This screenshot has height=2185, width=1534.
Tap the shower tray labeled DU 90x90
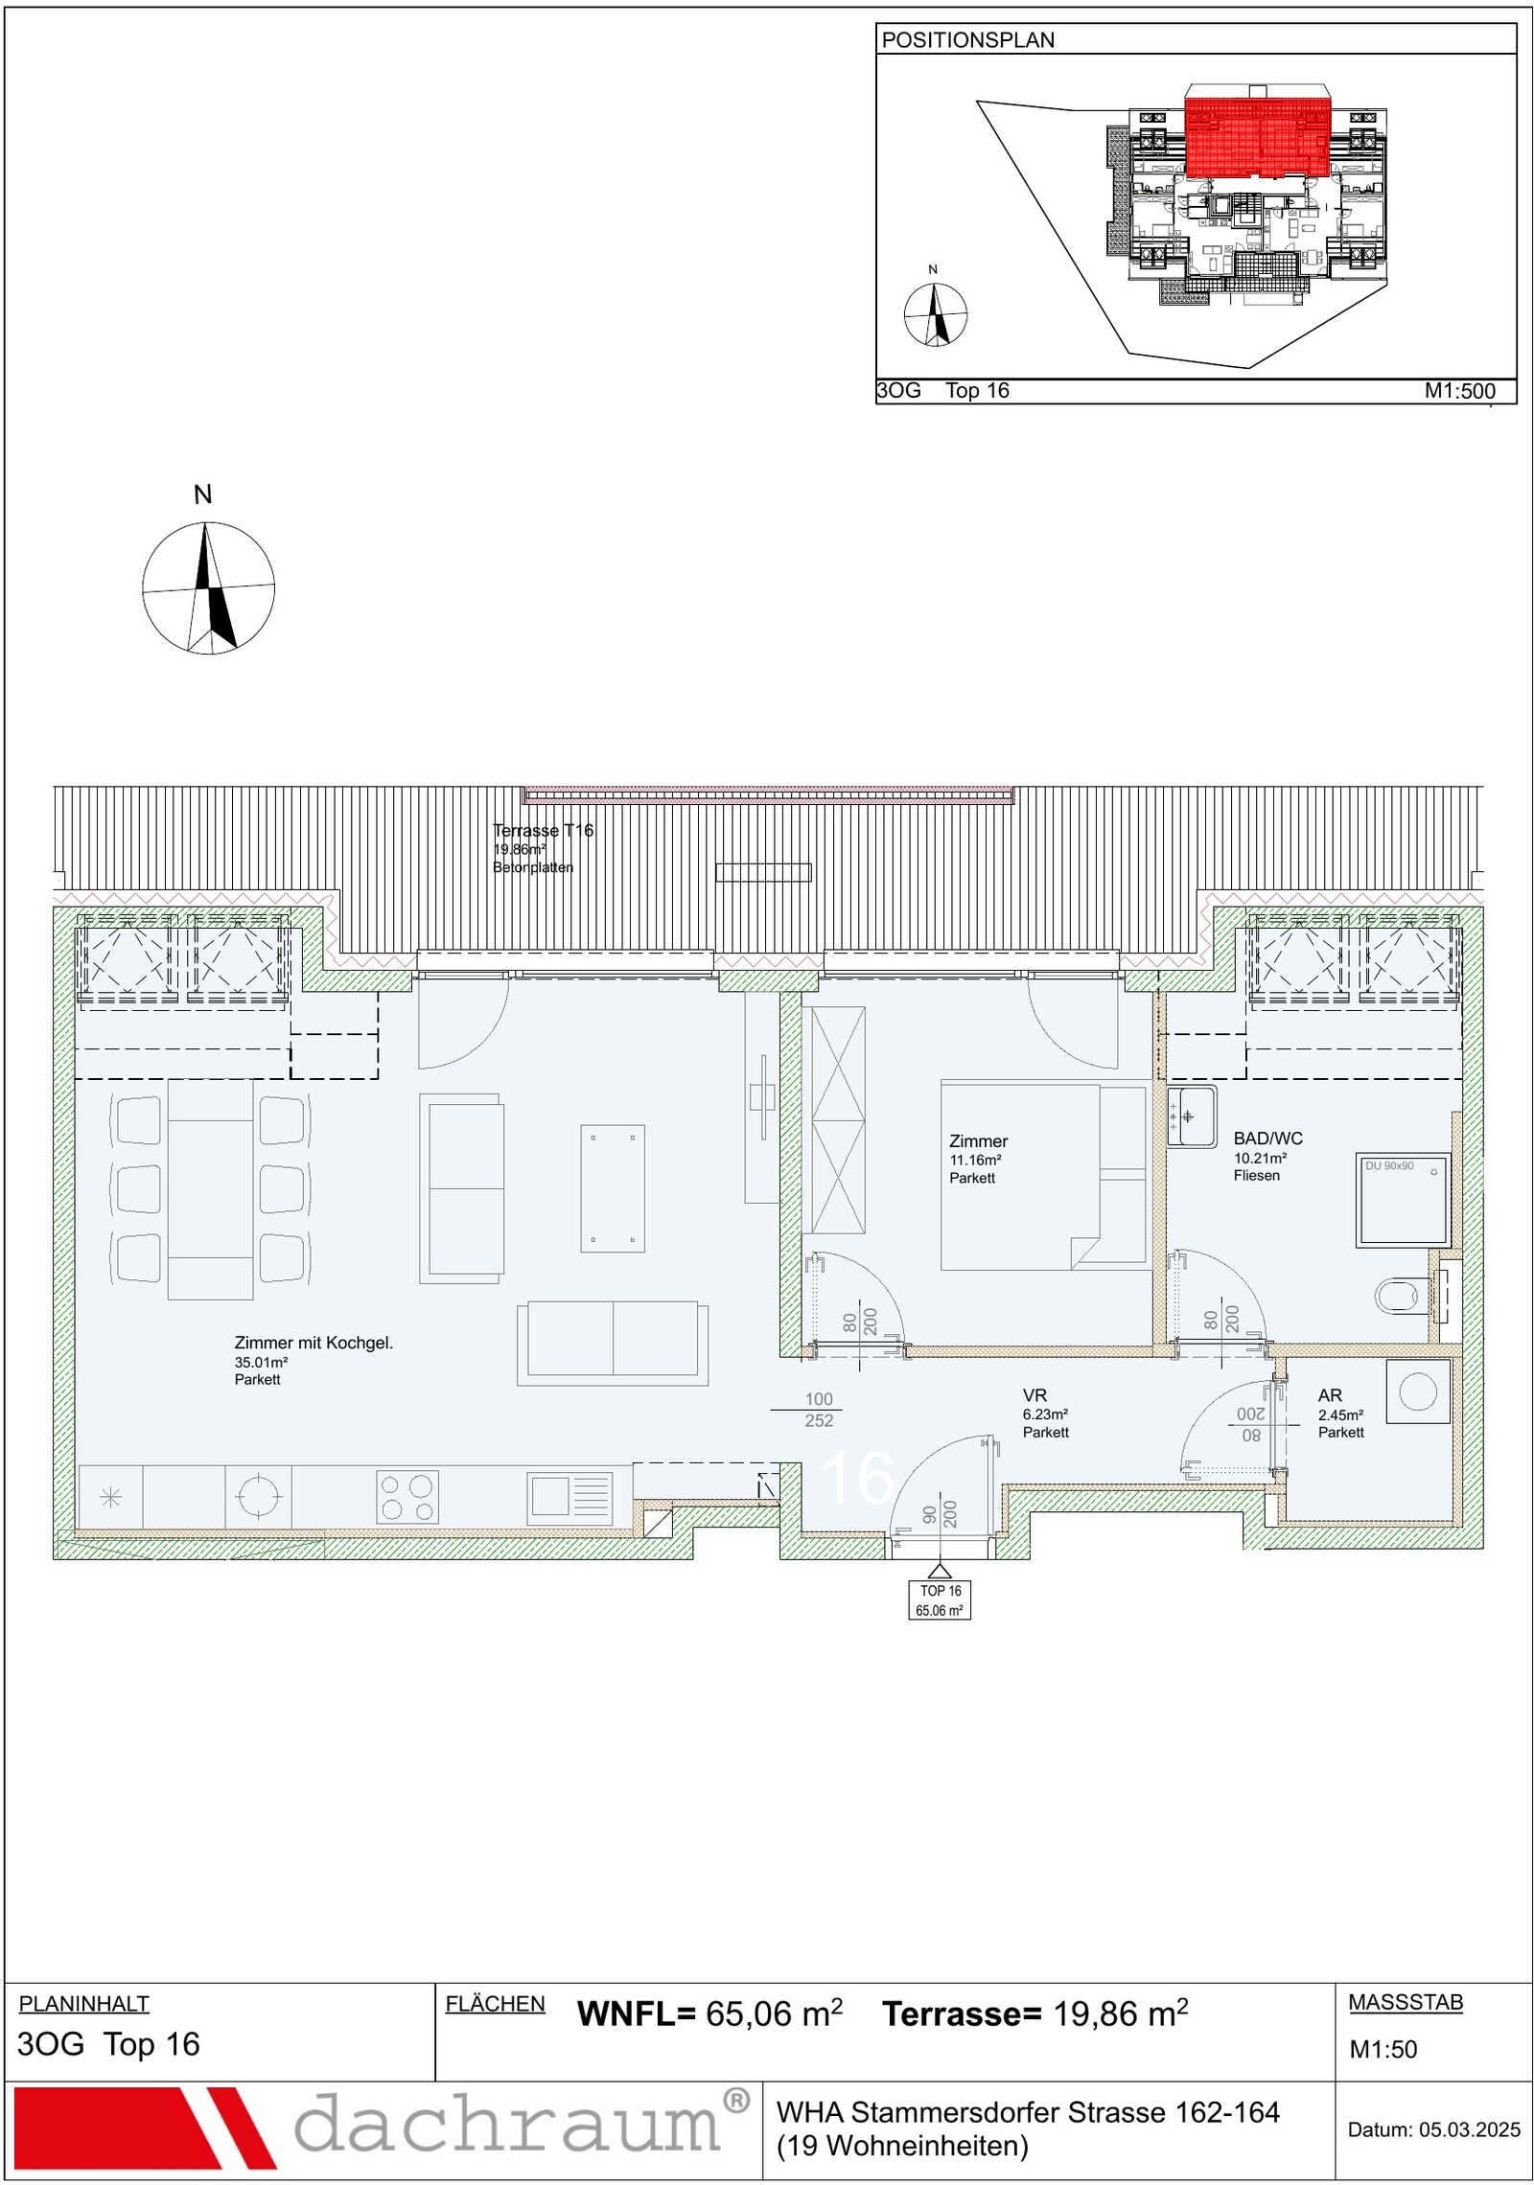(x=1402, y=1200)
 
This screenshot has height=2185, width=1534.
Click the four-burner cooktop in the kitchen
(x=407, y=1497)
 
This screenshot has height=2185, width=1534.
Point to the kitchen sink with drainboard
(x=569, y=1498)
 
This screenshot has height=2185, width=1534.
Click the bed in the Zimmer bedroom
(x=1043, y=1177)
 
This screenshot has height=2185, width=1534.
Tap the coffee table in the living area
(x=613, y=1188)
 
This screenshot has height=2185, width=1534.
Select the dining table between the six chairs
(x=211, y=1189)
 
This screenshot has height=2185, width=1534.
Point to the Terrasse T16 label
(x=543, y=831)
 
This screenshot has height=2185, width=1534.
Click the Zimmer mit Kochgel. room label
(x=314, y=1343)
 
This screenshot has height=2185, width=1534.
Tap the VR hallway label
(x=1034, y=1395)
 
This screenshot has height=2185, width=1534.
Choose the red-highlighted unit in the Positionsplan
(x=1259, y=132)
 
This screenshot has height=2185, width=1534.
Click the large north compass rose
(x=208, y=587)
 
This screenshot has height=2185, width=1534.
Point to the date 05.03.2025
(x=1470, y=2129)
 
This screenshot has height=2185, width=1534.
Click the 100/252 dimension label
(x=819, y=1410)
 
